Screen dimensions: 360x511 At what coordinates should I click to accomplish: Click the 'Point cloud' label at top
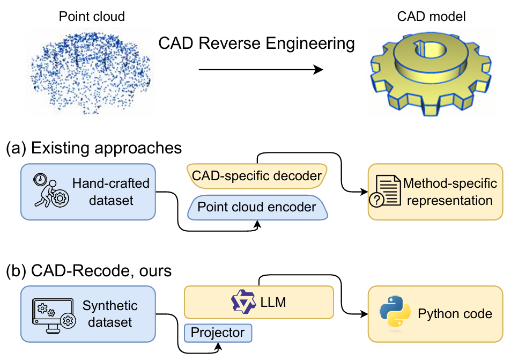92,17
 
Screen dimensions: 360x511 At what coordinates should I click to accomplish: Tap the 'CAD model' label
431,17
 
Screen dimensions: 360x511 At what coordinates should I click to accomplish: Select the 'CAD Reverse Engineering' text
256,43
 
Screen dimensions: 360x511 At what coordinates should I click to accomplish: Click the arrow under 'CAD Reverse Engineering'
261,70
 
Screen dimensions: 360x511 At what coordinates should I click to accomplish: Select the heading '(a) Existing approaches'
93,148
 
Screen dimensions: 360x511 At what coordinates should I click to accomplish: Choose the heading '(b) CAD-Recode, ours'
88,271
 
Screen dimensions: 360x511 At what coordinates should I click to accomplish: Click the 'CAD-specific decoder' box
256,175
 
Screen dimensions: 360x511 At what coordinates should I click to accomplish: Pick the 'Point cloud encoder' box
256,207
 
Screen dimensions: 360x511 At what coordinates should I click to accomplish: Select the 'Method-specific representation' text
449,192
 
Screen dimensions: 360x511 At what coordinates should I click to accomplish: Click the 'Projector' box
218,333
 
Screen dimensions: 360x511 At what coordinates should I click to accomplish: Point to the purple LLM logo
243,302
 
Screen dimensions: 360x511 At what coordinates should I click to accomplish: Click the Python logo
394,314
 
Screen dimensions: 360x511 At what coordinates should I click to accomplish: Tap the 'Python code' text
455,314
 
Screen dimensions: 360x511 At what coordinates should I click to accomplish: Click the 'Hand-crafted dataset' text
110,192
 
